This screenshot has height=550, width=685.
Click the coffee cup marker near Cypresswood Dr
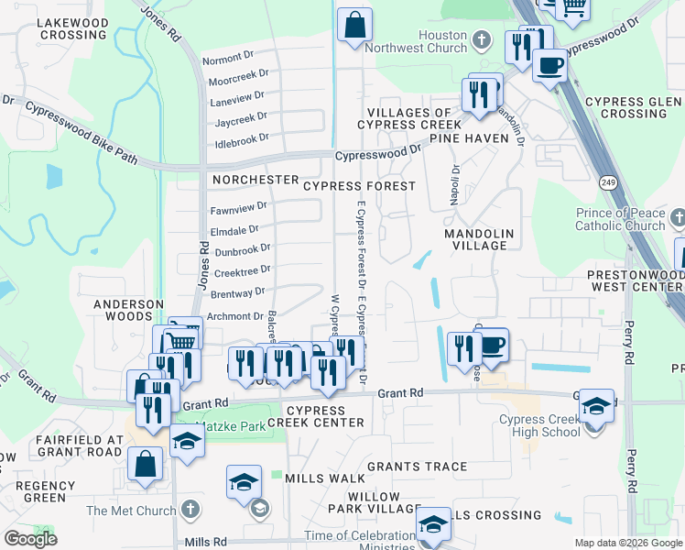pyautogui.click(x=549, y=66)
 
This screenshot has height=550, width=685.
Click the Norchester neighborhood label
pyautogui.click(x=256, y=180)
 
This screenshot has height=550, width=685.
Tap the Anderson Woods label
pyautogui.click(x=128, y=311)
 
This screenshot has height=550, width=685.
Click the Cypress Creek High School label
pyautogui.click(x=539, y=425)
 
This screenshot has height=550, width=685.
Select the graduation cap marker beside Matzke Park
pyautogui.click(x=187, y=441)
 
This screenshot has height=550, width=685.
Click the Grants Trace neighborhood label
pyautogui.click(x=417, y=467)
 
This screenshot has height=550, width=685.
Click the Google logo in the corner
pyautogui.click(x=30, y=539)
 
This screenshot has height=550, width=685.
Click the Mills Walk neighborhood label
pyautogui.click(x=324, y=478)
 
